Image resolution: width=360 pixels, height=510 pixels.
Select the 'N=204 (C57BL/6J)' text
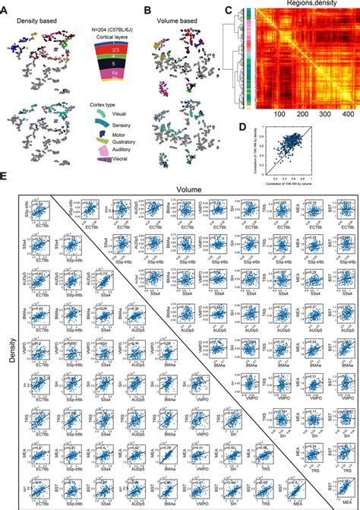(x=109, y=32)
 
